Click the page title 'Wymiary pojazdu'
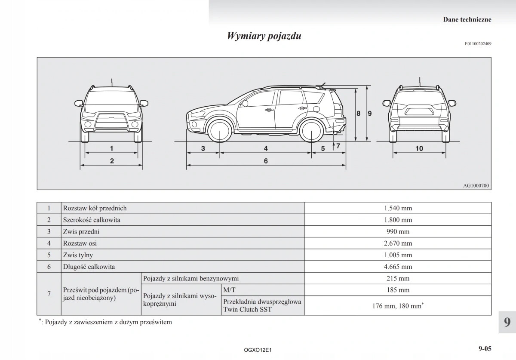pyautogui.click(x=264, y=36)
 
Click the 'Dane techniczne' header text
pyautogui.click(x=467, y=19)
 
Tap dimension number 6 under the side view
pyautogui.click(x=266, y=161)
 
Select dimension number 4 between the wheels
pyautogui.click(x=266, y=148)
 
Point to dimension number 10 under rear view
pyautogui.click(x=419, y=148)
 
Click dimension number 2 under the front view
pyautogui.click(x=112, y=161)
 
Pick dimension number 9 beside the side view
pyautogui.click(x=369, y=114)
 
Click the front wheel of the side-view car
pyautogui.click(x=220, y=131)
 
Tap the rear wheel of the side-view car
pyautogui.click(x=312, y=131)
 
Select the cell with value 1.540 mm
pyautogui.click(x=398, y=208)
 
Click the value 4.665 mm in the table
pyautogui.click(x=398, y=267)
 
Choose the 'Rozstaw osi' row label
pyautogui.click(x=80, y=243)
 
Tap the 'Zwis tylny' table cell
pyautogui.click(x=78, y=255)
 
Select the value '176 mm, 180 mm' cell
pyautogui.click(x=398, y=306)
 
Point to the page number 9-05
pyautogui.click(x=484, y=349)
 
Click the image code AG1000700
pyautogui.click(x=476, y=186)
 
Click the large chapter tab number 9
pyautogui.click(x=507, y=322)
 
